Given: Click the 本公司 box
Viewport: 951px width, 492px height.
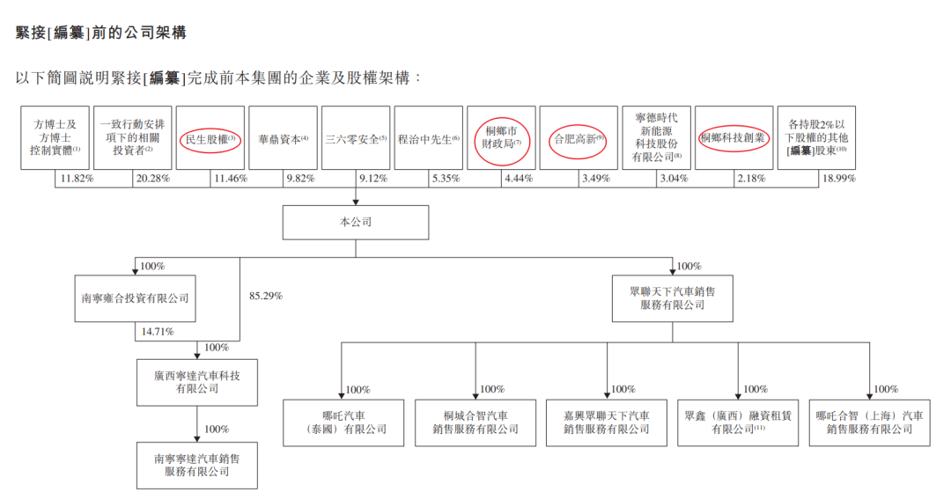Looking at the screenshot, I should (x=356, y=223).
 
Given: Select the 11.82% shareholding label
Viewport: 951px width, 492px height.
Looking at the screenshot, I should (x=77, y=179).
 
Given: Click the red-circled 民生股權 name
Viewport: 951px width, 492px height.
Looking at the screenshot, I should (x=210, y=139).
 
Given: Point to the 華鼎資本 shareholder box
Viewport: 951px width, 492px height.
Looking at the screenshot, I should (x=283, y=139).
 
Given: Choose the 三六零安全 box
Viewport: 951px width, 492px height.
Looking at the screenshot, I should (x=356, y=139).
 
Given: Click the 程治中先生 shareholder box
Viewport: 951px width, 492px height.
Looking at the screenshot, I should (x=429, y=139).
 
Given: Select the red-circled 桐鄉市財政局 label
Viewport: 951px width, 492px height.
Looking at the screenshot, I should (x=499, y=139).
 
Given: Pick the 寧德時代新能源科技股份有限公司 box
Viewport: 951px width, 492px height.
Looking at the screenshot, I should (x=656, y=138).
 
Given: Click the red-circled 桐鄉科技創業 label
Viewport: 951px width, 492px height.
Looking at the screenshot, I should (x=734, y=138).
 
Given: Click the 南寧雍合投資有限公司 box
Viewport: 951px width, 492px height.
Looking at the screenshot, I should (x=134, y=299).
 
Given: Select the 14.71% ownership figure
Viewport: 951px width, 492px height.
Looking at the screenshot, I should (x=155, y=332).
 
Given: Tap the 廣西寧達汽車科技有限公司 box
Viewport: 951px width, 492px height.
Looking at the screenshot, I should (x=197, y=382).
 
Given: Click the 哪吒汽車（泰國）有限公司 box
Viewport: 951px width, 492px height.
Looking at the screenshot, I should (x=343, y=422).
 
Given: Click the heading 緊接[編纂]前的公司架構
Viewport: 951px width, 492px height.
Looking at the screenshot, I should (x=101, y=33).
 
